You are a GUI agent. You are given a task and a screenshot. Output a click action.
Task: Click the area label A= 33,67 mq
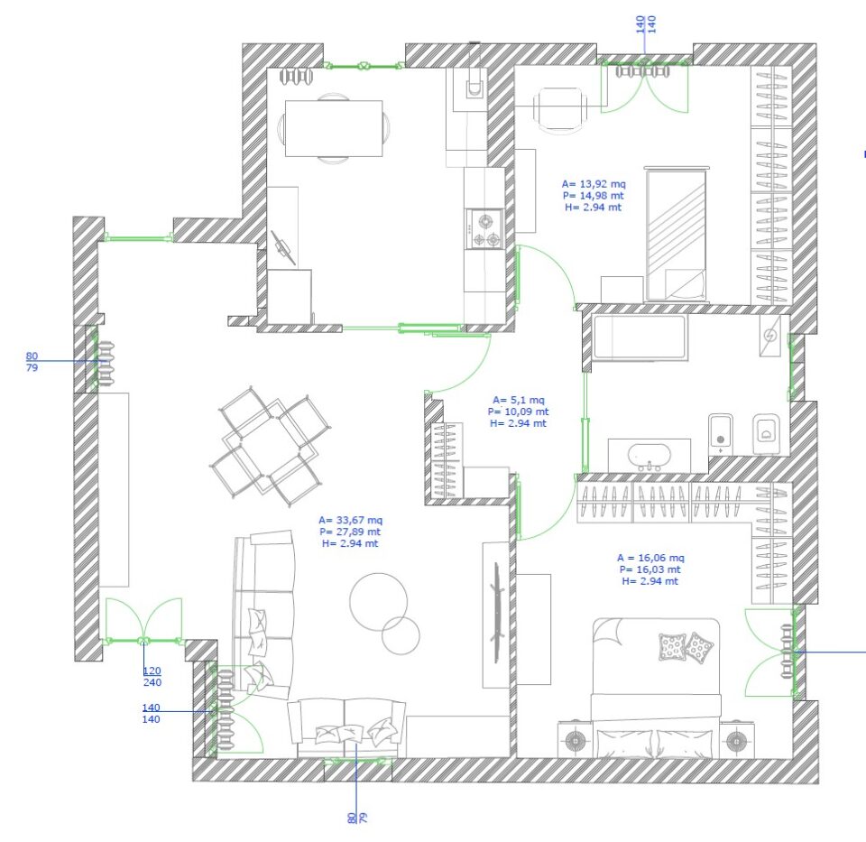pos(350,520)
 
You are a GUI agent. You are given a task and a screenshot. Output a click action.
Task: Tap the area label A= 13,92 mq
pos(594,184)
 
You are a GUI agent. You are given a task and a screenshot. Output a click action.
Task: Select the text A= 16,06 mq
pos(650,558)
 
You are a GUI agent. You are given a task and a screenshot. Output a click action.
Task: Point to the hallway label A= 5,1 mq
pos(518,400)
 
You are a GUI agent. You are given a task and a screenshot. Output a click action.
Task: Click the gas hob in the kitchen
pos(484,228)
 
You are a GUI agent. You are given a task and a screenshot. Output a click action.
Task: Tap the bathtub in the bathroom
pos(640,337)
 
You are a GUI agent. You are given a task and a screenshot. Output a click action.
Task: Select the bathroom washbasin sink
pos(649,456)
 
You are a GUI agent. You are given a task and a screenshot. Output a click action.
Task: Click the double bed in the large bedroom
pos(656,688)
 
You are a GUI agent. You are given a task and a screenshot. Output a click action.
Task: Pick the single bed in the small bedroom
pos(677,233)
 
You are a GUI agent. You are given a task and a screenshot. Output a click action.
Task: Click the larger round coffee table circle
pos(378,601)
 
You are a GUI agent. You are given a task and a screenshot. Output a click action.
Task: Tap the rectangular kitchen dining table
pos(334,128)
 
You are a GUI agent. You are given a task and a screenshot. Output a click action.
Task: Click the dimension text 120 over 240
pos(152,676)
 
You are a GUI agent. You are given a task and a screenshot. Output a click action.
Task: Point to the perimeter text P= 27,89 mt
pos(350,532)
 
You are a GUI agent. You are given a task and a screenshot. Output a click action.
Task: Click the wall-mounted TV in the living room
pos(496,612)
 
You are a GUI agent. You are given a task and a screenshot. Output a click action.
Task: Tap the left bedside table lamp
pos(575,739)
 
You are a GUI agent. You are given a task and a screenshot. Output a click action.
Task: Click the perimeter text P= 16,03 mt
pos(650,569)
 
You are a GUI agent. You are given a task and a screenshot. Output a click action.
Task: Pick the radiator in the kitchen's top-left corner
pos(296,76)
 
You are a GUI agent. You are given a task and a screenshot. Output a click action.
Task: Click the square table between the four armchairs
pos(270,446)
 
